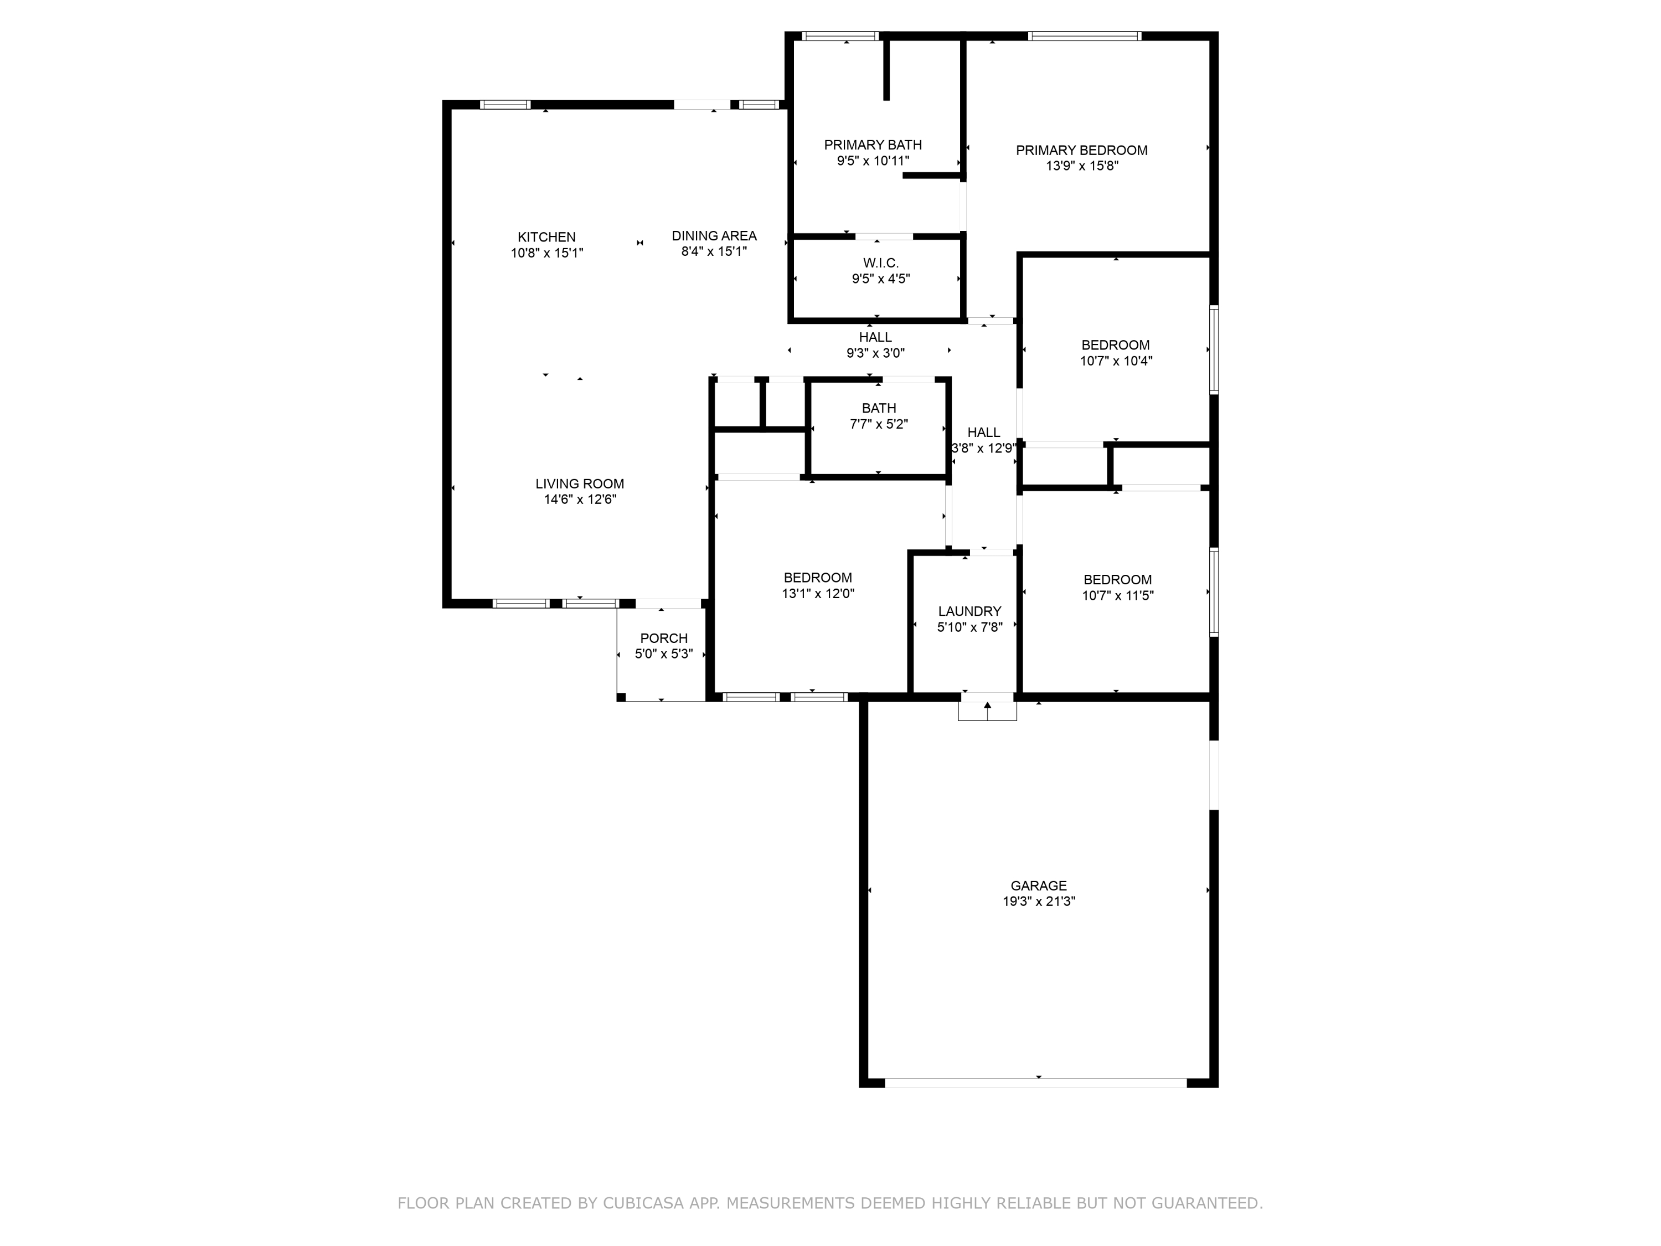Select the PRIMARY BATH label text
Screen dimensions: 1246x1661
pos(873,145)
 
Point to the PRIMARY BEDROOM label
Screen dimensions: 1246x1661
pos(1081,150)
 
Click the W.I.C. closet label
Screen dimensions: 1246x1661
pos(880,263)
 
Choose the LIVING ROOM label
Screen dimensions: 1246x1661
pos(580,483)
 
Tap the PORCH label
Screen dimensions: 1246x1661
pos(664,639)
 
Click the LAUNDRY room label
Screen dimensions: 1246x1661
pos(969,611)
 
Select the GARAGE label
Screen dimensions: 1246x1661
pos(1039,885)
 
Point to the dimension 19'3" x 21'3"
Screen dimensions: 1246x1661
pos(1039,901)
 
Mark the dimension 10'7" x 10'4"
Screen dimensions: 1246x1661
pos(1116,361)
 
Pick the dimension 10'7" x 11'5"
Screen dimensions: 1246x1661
pos(1117,595)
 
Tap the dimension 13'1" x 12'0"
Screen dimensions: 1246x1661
pos(818,593)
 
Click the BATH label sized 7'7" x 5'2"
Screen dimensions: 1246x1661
pos(879,409)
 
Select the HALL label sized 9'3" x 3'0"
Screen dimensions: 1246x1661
pos(875,338)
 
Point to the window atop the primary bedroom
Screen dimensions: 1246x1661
pos(1084,36)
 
